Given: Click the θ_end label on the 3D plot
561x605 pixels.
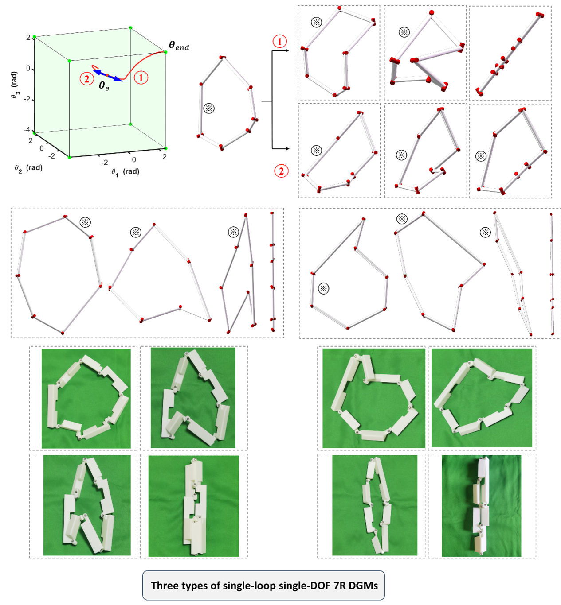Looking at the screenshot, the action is point(179,46).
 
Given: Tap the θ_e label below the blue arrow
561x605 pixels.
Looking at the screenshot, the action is point(104,86).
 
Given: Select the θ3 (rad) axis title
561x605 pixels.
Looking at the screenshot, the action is point(14,85).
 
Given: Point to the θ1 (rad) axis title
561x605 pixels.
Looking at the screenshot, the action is point(125,172).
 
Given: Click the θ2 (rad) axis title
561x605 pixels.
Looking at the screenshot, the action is point(29,168).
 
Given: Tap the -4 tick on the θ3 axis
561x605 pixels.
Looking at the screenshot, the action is point(27,129).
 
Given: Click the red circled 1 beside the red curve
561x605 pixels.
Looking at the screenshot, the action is point(141,78).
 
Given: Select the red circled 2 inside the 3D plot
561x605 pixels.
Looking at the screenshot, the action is point(87,79).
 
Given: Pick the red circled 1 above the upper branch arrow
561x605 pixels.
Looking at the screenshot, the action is point(280,42).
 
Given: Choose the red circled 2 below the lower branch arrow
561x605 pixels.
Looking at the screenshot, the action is point(281,171).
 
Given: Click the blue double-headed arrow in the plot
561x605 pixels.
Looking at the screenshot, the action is point(107,75).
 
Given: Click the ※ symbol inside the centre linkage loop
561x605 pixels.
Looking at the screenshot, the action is point(209,108).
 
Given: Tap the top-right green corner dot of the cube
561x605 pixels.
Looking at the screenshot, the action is point(166,52).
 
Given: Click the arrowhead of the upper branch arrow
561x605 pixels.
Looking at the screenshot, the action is point(287,50).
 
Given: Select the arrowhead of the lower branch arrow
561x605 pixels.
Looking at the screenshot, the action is point(287,149).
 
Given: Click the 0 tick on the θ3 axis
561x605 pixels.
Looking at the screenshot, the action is point(28,69).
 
